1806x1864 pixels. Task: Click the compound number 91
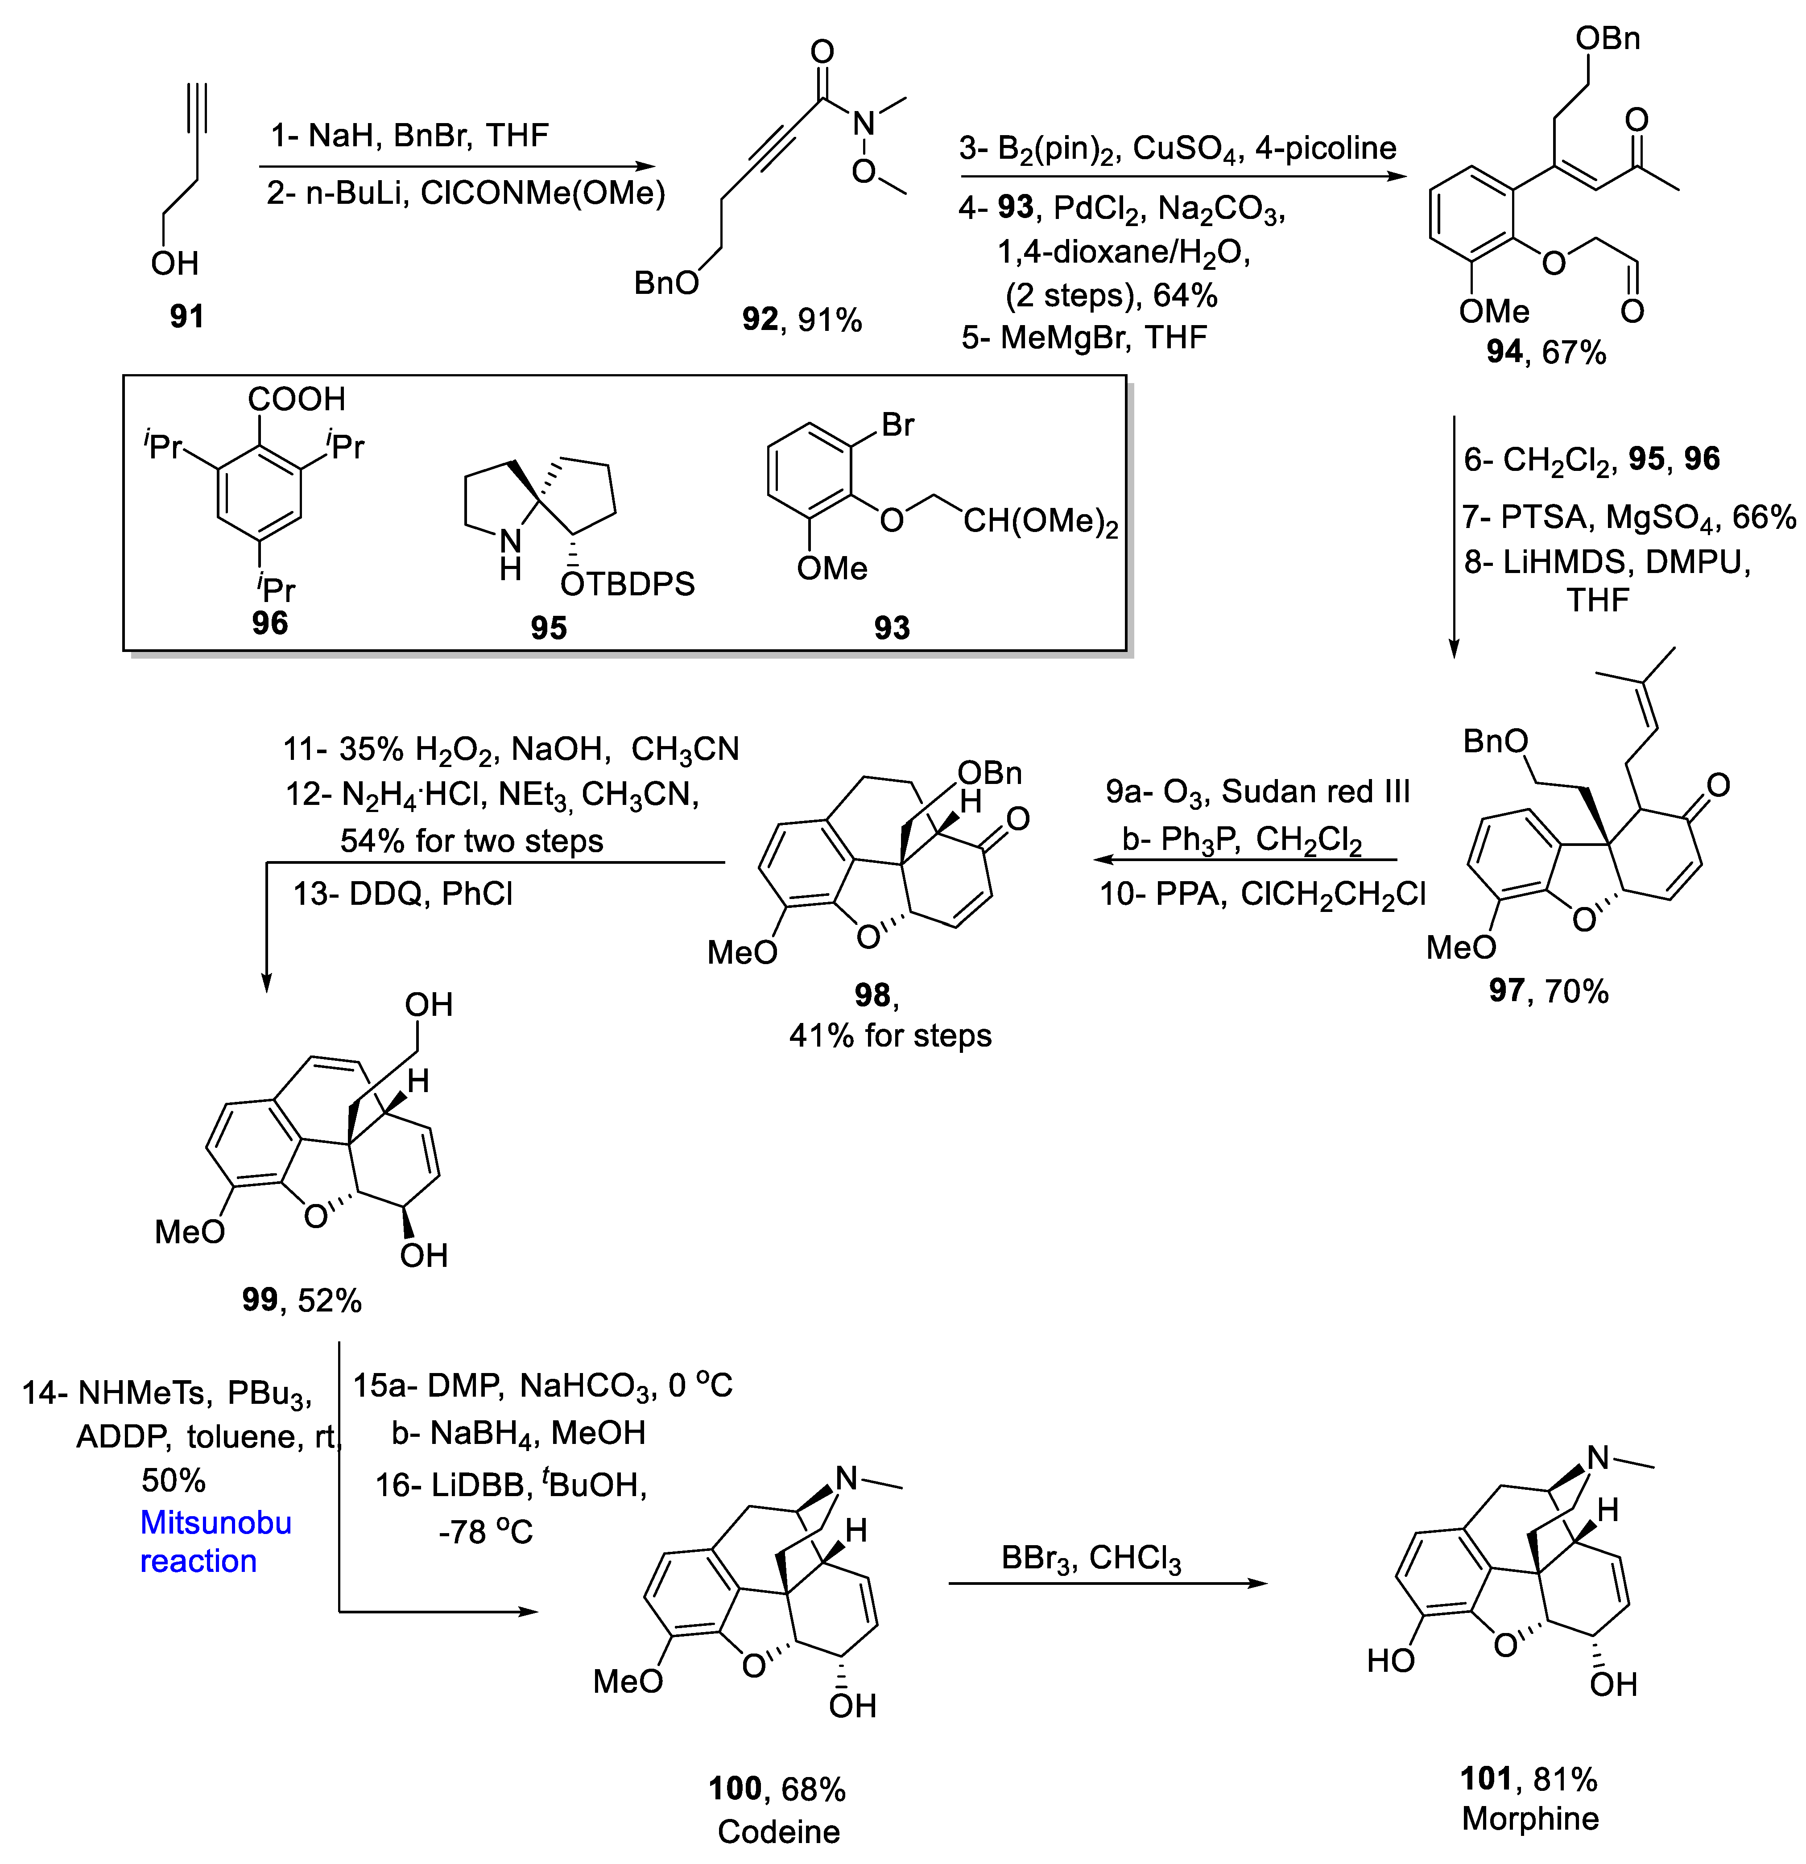point(186,316)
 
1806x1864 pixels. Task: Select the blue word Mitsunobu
point(216,1522)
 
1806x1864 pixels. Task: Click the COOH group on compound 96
point(297,399)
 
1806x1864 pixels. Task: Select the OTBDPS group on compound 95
point(628,583)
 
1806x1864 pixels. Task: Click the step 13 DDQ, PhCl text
point(403,894)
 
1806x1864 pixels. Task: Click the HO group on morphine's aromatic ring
point(1390,1661)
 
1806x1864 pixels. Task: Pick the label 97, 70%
point(1548,991)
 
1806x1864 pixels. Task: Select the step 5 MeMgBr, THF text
point(1084,337)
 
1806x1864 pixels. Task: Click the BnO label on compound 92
point(667,282)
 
